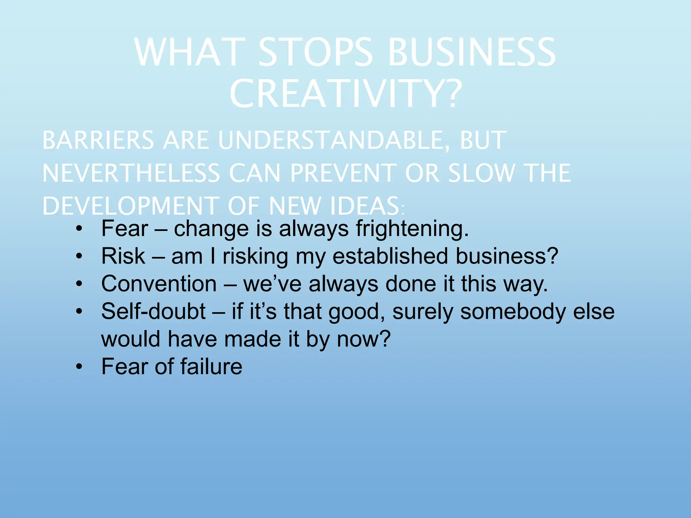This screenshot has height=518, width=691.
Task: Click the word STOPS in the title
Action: (x=316, y=52)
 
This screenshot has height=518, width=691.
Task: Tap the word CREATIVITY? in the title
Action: (x=345, y=93)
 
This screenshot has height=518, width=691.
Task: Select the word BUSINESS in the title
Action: (x=472, y=52)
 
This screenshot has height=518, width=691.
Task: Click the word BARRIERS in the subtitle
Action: (x=98, y=140)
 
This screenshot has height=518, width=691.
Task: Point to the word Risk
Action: (x=123, y=256)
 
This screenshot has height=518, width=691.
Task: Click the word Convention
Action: (x=159, y=284)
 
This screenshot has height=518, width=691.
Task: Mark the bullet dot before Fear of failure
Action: (x=79, y=367)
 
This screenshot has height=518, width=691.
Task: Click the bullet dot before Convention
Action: (x=79, y=284)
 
